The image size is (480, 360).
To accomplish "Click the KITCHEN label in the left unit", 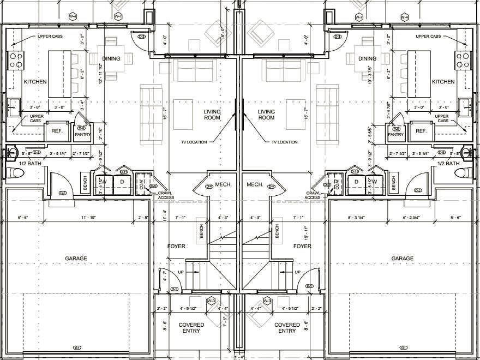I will [x=35, y=82].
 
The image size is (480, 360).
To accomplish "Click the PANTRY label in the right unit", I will [x=396, y=134].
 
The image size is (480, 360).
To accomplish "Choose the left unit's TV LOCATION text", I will [x=194, y=142].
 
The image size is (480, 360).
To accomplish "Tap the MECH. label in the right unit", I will [x=255, y=185].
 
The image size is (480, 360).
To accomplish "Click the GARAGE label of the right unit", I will [x=403, y=259].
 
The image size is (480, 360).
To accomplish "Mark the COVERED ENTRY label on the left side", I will [x=191, y=328].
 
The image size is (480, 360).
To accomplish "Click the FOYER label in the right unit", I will [x=302, y=247].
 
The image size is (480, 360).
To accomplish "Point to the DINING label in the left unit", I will [x=111, y=59].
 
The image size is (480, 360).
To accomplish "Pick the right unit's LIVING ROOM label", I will [x=266, y=115].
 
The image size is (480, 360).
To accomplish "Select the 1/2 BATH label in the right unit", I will [x=448, y=164].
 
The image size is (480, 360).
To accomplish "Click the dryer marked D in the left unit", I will [x=122, y=182].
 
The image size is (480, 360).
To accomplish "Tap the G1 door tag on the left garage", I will [x=77, y=347].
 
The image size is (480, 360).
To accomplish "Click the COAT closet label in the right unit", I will [x=338, y=185].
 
